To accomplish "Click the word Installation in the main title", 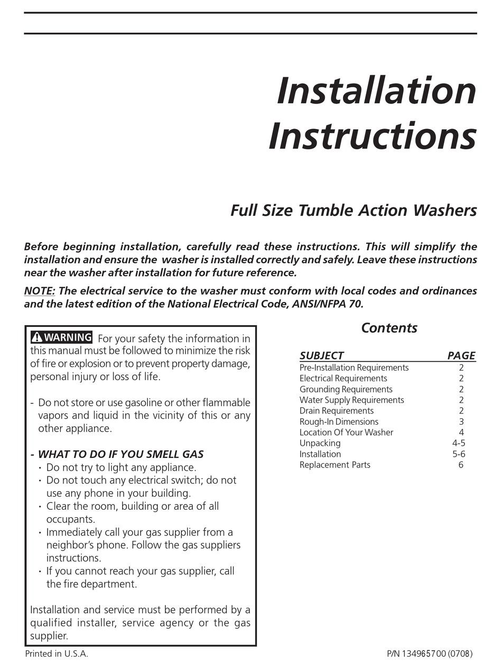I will click(376, 91).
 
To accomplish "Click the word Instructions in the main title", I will click(372, 136).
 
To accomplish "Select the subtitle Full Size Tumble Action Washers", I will click(353, 210).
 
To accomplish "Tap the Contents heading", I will click(389, 328).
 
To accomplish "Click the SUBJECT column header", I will click(321, 355).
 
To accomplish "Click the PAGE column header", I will click(461, 355).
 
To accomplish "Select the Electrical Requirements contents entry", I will click(343, 378).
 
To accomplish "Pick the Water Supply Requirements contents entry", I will click(351, 400).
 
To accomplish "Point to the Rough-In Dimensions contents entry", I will click(339, 421).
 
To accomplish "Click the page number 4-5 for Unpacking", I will click(459, 443).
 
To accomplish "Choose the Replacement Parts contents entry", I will click(334, 465).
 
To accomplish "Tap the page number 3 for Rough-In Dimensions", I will click(461, 421).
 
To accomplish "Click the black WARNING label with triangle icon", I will click(61, 337).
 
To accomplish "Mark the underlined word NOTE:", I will click(40, 291).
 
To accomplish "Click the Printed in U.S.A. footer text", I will click(57, 654).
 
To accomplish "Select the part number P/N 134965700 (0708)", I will click(430, 654).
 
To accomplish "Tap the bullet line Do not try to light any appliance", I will click(121, 467).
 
